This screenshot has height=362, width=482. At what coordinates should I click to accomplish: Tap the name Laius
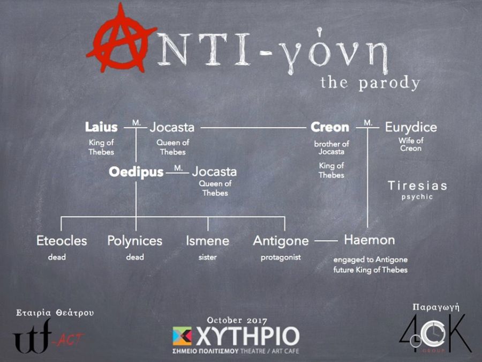[101, 127]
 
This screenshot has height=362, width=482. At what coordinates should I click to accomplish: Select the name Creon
[330, 127]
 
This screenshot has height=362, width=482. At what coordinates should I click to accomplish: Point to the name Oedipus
[136, 172]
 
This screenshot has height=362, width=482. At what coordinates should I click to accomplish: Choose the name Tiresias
[417, 186]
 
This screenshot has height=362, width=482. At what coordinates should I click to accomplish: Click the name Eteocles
[62, 241]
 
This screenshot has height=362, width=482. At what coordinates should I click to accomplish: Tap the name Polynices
[134, 241]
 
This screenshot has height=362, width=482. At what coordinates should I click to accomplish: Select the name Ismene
[207, 241]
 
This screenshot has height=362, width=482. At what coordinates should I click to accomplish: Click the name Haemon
[370, 240]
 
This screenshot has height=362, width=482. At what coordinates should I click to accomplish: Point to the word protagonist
[281, 257]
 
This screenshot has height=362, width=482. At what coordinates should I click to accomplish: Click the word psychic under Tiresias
[417, 197]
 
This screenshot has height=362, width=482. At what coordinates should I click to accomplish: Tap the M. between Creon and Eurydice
[368, 123]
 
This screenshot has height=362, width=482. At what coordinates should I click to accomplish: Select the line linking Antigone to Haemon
[326, 241]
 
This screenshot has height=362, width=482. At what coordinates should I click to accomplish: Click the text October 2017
[237, 321]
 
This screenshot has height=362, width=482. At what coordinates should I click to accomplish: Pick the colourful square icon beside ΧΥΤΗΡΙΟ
[182, 336]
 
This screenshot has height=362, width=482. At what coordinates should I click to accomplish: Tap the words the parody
[370, 83]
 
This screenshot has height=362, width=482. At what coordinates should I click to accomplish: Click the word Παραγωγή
[436, 307]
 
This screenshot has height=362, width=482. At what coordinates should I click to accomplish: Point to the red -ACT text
[70, 339]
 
